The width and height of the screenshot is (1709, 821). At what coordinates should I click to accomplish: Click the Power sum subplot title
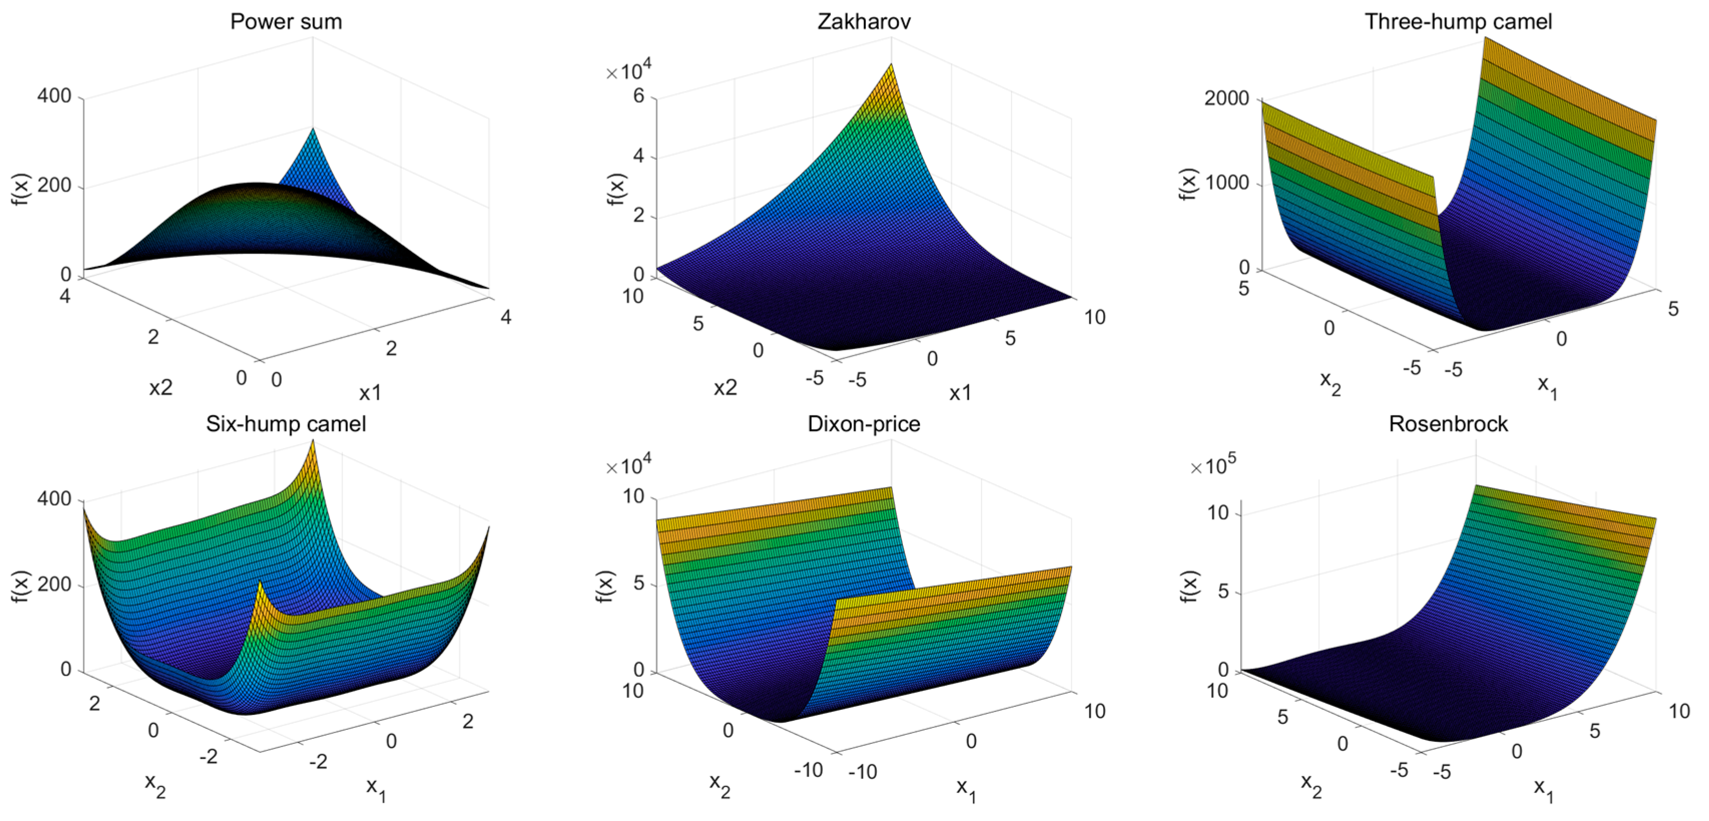tap(286, 22)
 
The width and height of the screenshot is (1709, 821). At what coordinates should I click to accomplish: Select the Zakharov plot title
tap(864, 22)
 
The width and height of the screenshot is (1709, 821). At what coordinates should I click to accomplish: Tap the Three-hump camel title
tap(1458, 22)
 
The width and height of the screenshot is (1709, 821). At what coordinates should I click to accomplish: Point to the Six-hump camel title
tap(285, 424)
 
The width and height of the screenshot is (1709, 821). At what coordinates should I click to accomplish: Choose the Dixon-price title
tap(864, 424)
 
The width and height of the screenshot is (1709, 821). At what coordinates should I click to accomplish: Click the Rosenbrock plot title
tap(1448, 424)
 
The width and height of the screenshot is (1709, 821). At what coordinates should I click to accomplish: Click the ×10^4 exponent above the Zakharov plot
tap(629, 70)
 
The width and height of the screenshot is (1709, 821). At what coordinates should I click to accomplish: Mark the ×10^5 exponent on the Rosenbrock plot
tap(1213, 466)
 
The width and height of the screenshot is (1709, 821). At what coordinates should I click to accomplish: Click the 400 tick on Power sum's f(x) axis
tap(55, 96)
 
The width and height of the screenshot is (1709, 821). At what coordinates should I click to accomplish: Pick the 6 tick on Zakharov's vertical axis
tap(639, 96)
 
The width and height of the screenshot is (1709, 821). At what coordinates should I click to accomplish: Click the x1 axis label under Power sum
tap(370, 394)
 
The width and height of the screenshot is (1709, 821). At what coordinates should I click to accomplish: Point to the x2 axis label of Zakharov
tap(725, 388)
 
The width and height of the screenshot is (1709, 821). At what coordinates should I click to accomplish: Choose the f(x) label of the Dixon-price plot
tap(605, 586)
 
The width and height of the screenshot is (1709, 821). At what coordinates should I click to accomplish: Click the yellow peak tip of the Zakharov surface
tap(891, 66)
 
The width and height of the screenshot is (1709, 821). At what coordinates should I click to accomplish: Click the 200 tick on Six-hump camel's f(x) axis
tap(55, 585)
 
